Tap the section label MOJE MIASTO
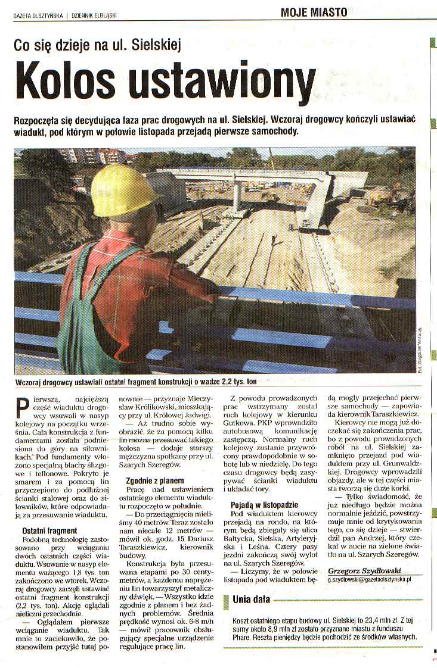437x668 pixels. tap(314, 12)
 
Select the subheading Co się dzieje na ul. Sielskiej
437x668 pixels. tap(98, 44)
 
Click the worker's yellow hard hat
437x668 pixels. tap(122, 191)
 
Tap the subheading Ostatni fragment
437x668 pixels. tap(49, 530)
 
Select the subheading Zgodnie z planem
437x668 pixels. tap(154, 480)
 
